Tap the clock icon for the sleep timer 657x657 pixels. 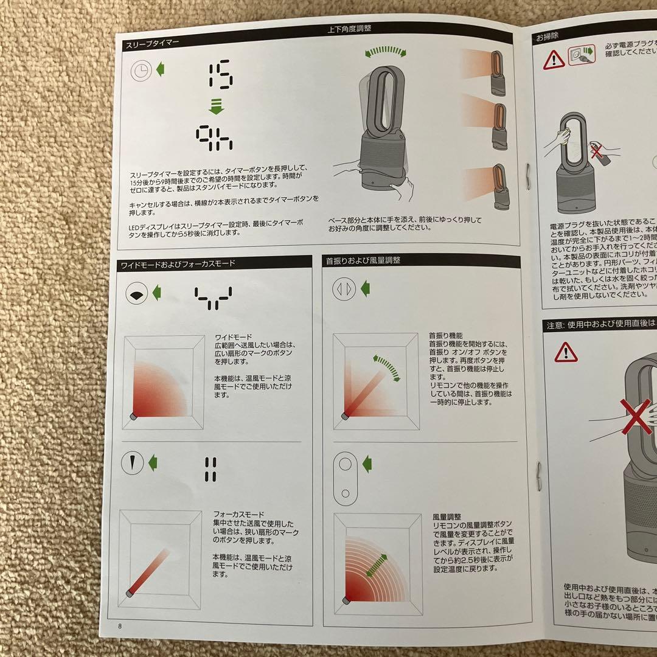(141, 72)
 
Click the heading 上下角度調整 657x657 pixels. (349, 28)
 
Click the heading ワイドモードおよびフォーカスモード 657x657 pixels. (178, 263)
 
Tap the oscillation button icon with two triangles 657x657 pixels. (344, 288)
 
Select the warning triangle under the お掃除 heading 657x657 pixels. (554, 60)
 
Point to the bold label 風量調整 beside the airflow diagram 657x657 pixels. (445, 516)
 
